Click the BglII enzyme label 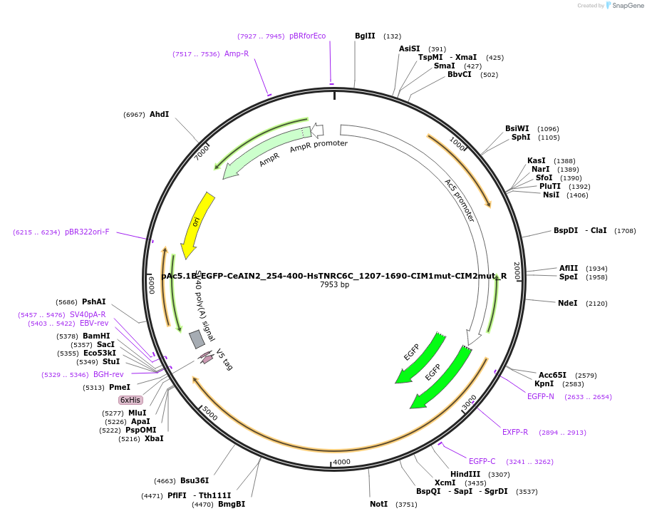(365, 36)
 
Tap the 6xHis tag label (130, 401)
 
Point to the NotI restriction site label (378, 504)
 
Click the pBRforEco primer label (307, 36)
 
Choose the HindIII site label (465, 474)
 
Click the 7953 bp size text (334, 285)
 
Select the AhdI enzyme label (159, 114)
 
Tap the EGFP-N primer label (540, 396)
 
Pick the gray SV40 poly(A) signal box (197, 339)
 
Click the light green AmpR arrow (264, 151)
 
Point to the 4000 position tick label (342, 462)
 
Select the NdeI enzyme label (567, 303)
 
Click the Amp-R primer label (237, 53)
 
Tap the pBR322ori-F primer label (87, 232)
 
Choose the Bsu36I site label (195, 480)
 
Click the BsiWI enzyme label (517, 129)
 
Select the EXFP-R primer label (515, 432)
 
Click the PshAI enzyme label (93, 301)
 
